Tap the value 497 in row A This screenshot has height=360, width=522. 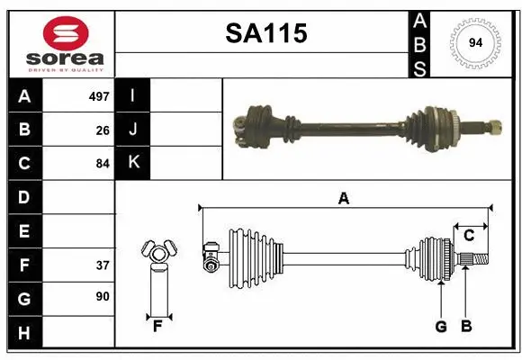coord(98,95)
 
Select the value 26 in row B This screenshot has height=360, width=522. coord(103,130)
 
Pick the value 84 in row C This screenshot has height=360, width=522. coord(103,164)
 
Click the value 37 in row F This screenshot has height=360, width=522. coord(103,265)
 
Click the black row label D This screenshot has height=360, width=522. coord(23,197)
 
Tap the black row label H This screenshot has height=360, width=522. coord(23,334)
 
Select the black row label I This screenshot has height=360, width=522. coord(133,95)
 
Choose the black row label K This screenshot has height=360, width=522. coord(133,163)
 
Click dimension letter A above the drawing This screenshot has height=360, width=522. coord(343,198)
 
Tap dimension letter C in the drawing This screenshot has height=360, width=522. coord(469,236)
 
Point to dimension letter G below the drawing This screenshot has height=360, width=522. coord(441,327)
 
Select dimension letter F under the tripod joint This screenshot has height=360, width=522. coord(157,327)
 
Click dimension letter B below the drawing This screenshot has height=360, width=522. coord(466,327)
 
